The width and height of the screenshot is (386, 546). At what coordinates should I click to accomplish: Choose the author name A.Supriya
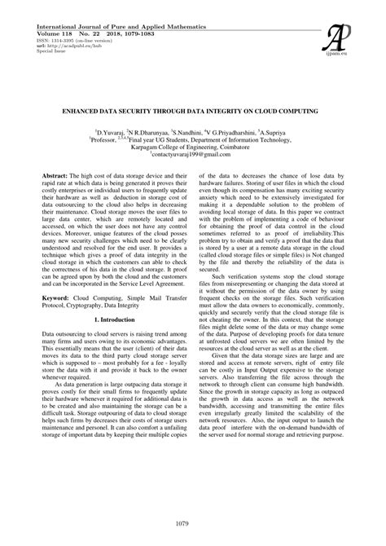[x=285, y=131]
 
